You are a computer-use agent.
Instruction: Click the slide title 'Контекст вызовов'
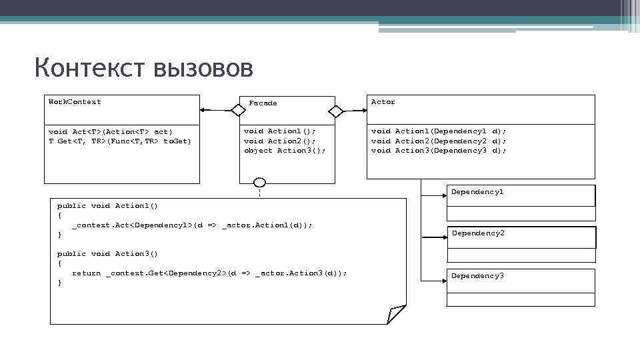pos(143,68)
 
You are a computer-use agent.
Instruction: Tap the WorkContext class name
pos(75,102)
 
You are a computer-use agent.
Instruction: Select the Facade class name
pos(263,103)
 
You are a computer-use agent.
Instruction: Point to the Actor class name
pos(383,102)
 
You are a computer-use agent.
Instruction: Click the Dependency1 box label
pos(477,192)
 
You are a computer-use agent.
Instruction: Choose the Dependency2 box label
pos(478,233)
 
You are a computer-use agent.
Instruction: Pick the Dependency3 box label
pos(477,276)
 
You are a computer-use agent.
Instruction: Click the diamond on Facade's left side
pos(238,110)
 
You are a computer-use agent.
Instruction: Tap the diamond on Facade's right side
pos(336,110)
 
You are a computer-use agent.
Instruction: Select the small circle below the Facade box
pos(259,183)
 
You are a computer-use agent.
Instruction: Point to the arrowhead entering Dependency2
pos(443,237)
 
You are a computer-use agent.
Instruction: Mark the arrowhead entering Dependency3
pos(443,278)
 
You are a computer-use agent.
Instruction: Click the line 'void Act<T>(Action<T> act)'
pos(111,131)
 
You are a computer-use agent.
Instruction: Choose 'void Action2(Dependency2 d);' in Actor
pos(439,141)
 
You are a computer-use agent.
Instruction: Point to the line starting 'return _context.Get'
pos(209,273)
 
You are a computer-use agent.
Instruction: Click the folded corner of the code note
pos(396,314)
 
